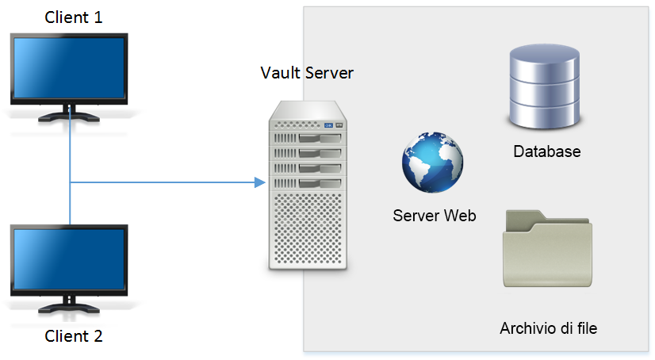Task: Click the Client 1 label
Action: coord(74,17)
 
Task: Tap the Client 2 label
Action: coord(74,336)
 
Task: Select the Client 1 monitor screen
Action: coord(69,68)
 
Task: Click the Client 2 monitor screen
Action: coord(69,259)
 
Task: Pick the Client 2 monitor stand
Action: coord(69,304)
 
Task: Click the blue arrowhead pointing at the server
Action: coord(260,182)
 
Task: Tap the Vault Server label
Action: coord(307,73)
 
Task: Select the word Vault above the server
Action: coord(281,73)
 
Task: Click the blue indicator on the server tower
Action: coord(329,125)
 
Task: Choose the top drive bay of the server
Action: coord(308,138)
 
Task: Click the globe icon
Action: coord(432,163)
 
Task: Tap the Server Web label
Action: coord(435,216)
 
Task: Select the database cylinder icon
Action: coord(545,86)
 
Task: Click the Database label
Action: coord(547,151)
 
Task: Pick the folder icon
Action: coord(548,248)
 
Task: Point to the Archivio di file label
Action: coord(549,328)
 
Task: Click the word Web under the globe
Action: coord(460,216)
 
